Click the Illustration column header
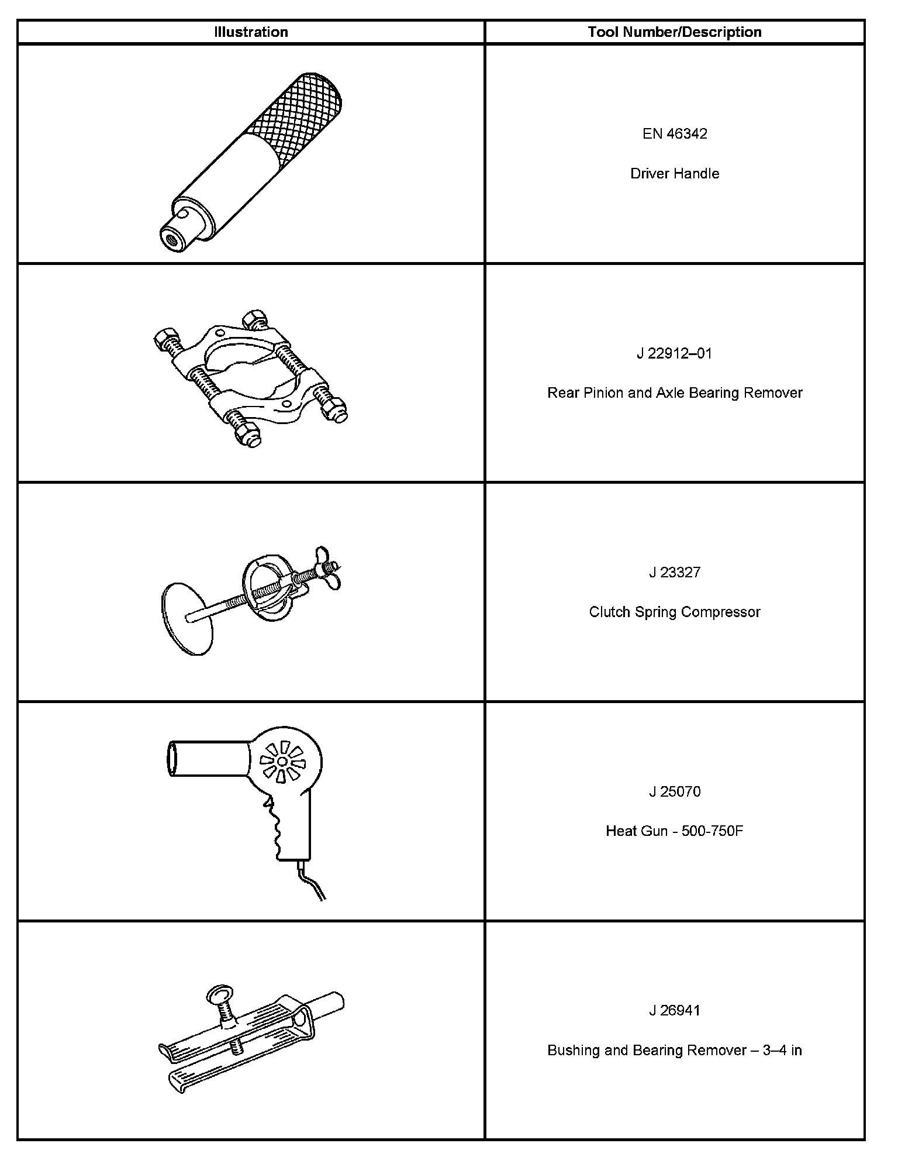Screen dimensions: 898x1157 pos(251,32)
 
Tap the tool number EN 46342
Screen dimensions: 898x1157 pos(675,134)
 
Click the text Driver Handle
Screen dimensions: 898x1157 pos(675,174)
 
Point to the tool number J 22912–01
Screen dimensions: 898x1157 pos(675,353)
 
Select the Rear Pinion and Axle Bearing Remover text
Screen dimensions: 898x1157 pos(675,392)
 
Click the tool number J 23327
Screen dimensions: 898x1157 pos(675,572)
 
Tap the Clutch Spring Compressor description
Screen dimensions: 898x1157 pos(675,612)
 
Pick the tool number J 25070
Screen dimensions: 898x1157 pos(675,791)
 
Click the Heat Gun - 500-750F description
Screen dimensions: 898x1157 pos(675,831)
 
